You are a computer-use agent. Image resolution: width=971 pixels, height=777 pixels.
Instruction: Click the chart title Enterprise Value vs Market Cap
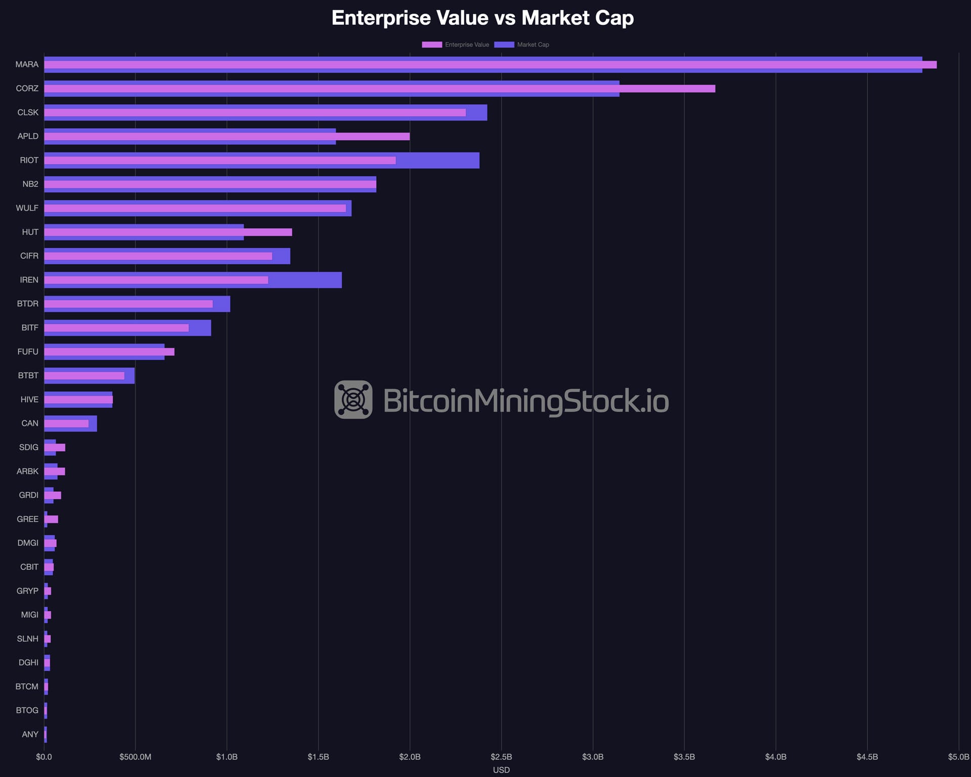pos(482,18)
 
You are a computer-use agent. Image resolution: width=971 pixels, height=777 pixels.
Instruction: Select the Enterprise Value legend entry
pos(456,45)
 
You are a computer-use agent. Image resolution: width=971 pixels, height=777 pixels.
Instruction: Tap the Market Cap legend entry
pos(521,45)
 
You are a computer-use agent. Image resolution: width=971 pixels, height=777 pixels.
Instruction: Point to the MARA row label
pos(27,64)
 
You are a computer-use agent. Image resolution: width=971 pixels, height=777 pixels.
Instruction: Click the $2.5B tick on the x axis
pos(501,757)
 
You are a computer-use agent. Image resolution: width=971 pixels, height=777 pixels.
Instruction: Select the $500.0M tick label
pos(135,757)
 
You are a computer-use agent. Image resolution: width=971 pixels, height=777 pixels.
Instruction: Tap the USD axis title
pos(501,770)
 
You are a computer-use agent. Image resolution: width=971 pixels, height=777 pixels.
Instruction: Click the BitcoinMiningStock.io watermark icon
pos(354,400)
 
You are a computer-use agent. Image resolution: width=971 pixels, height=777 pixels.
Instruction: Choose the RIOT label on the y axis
pos(29,160)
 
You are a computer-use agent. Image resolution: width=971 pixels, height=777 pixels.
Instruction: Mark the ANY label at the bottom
pos(30,734)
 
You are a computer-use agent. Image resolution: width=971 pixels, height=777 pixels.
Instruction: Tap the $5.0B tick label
pos(958,757)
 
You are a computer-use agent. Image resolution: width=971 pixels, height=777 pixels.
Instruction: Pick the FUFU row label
pos(28,352)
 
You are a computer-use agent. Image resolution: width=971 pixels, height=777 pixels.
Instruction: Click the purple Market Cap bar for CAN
pos(93,423)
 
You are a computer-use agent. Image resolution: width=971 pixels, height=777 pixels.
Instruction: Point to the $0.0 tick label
pos(44,757)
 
